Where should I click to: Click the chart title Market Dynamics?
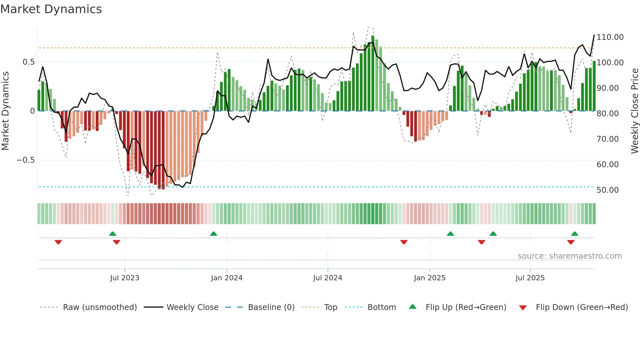51,9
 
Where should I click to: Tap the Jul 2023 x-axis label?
124,278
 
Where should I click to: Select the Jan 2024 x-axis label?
227,278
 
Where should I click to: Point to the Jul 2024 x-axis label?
328,278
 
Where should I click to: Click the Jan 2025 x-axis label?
429,278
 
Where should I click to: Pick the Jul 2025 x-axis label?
530,278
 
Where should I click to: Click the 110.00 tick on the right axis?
610,37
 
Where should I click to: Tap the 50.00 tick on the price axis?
607,190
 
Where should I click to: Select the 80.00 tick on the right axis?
607,114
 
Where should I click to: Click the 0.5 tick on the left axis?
28,62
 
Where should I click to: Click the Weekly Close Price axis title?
634,111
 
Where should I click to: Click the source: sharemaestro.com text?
569,256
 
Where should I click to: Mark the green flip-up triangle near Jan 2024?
214,234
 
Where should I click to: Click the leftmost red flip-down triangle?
58,242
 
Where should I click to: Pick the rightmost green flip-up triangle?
575,234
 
